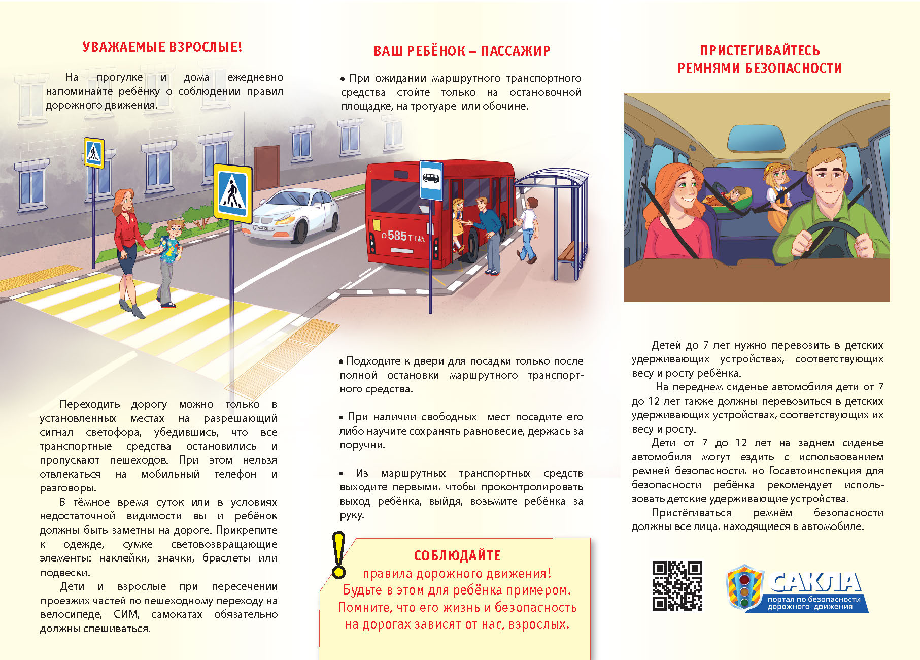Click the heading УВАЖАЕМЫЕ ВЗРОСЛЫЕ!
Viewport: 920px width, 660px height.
tap(162, 47)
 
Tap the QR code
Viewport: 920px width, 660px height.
tap(677, 585)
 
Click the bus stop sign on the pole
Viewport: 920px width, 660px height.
tap(431, 181)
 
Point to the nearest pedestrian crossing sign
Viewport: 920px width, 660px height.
tap(232, 193)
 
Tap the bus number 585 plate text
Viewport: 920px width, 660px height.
tap(397, 236)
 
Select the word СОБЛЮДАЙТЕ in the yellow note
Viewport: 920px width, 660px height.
tap(457, 556)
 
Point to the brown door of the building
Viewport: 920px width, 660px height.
tap(266, 167)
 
